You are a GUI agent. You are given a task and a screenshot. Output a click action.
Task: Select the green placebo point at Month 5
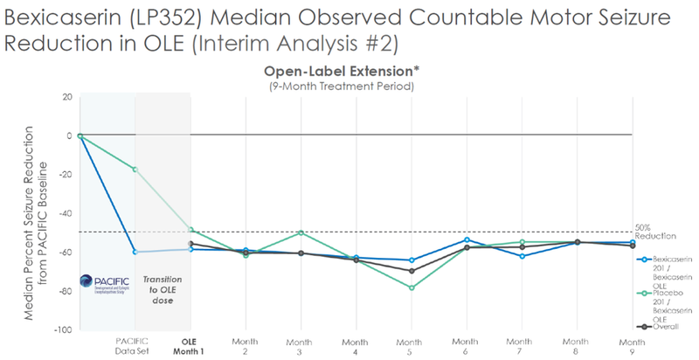(411, 287)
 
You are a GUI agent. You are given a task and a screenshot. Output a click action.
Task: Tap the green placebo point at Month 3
(301, 232)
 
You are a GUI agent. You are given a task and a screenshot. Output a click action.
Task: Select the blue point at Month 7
(521, 256)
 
